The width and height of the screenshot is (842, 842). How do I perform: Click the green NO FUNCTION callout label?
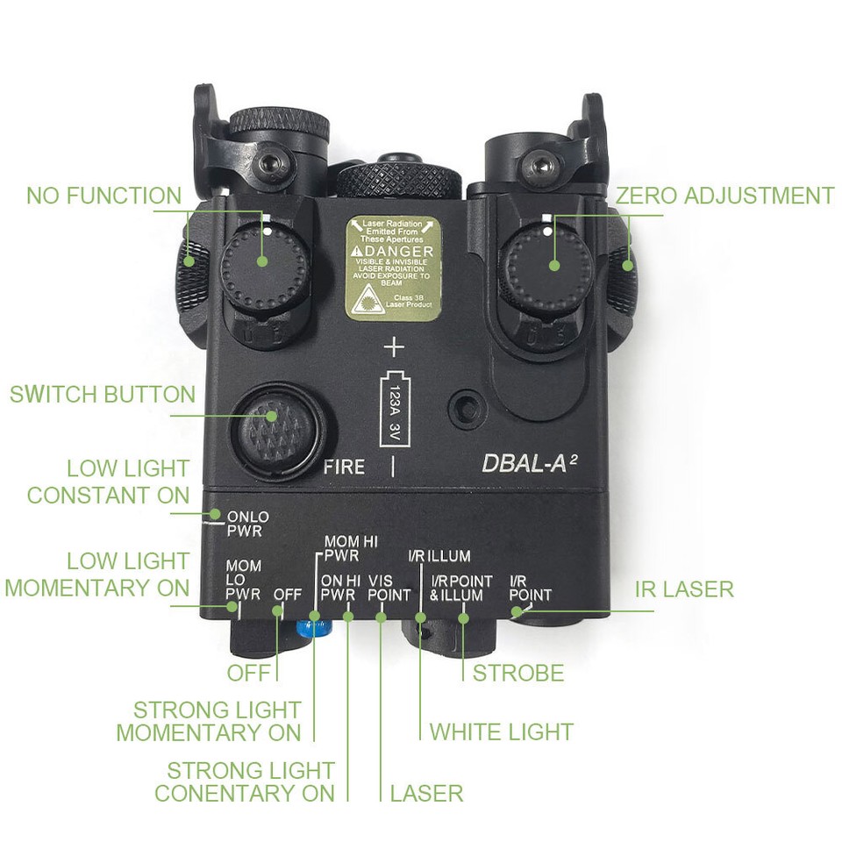click(103, 196)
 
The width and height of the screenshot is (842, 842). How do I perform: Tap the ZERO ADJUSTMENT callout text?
click(724, 196)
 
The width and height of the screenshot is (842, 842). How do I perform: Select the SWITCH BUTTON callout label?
click(103, 395)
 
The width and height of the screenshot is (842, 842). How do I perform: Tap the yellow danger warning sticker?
click(390, 268)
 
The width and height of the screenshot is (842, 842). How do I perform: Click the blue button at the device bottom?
click(313, 626)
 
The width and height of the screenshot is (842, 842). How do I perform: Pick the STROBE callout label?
click(518, 674)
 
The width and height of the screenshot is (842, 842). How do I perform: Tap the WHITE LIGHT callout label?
click(501, 731)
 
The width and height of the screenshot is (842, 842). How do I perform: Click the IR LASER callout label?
click(684, 589)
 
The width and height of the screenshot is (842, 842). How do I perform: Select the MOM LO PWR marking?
click(243, 580)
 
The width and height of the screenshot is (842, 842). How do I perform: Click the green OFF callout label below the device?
click(252, 674)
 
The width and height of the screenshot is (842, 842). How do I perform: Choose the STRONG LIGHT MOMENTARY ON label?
click(210, 720)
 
